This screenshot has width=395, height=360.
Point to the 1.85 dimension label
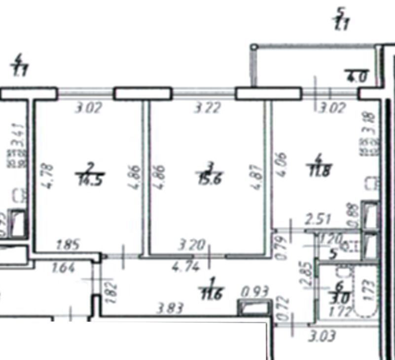tap(69, 244)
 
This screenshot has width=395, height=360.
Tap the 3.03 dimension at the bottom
tap(323, 337)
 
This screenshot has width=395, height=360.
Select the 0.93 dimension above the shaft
tap(254, 292)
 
